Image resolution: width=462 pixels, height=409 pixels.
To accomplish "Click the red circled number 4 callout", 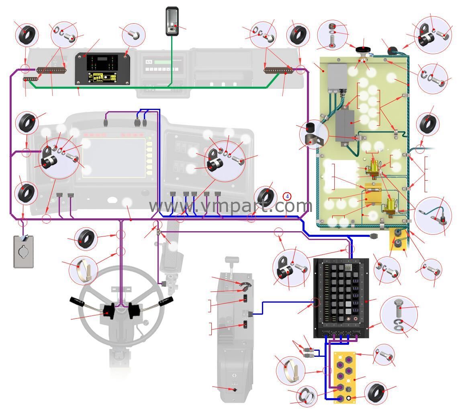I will click(287, 196).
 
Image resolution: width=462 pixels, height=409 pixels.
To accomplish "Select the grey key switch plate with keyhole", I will click(24, 252).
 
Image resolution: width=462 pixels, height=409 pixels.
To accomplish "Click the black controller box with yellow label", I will click(102, 69).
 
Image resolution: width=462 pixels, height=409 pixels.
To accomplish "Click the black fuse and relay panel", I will click(341, 297).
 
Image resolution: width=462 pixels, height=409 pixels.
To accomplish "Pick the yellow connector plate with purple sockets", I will click(344, 376).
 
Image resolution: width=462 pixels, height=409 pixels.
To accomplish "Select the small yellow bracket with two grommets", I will click(398, 238).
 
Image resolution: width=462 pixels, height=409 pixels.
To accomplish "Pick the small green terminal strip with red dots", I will click(31, 79).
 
